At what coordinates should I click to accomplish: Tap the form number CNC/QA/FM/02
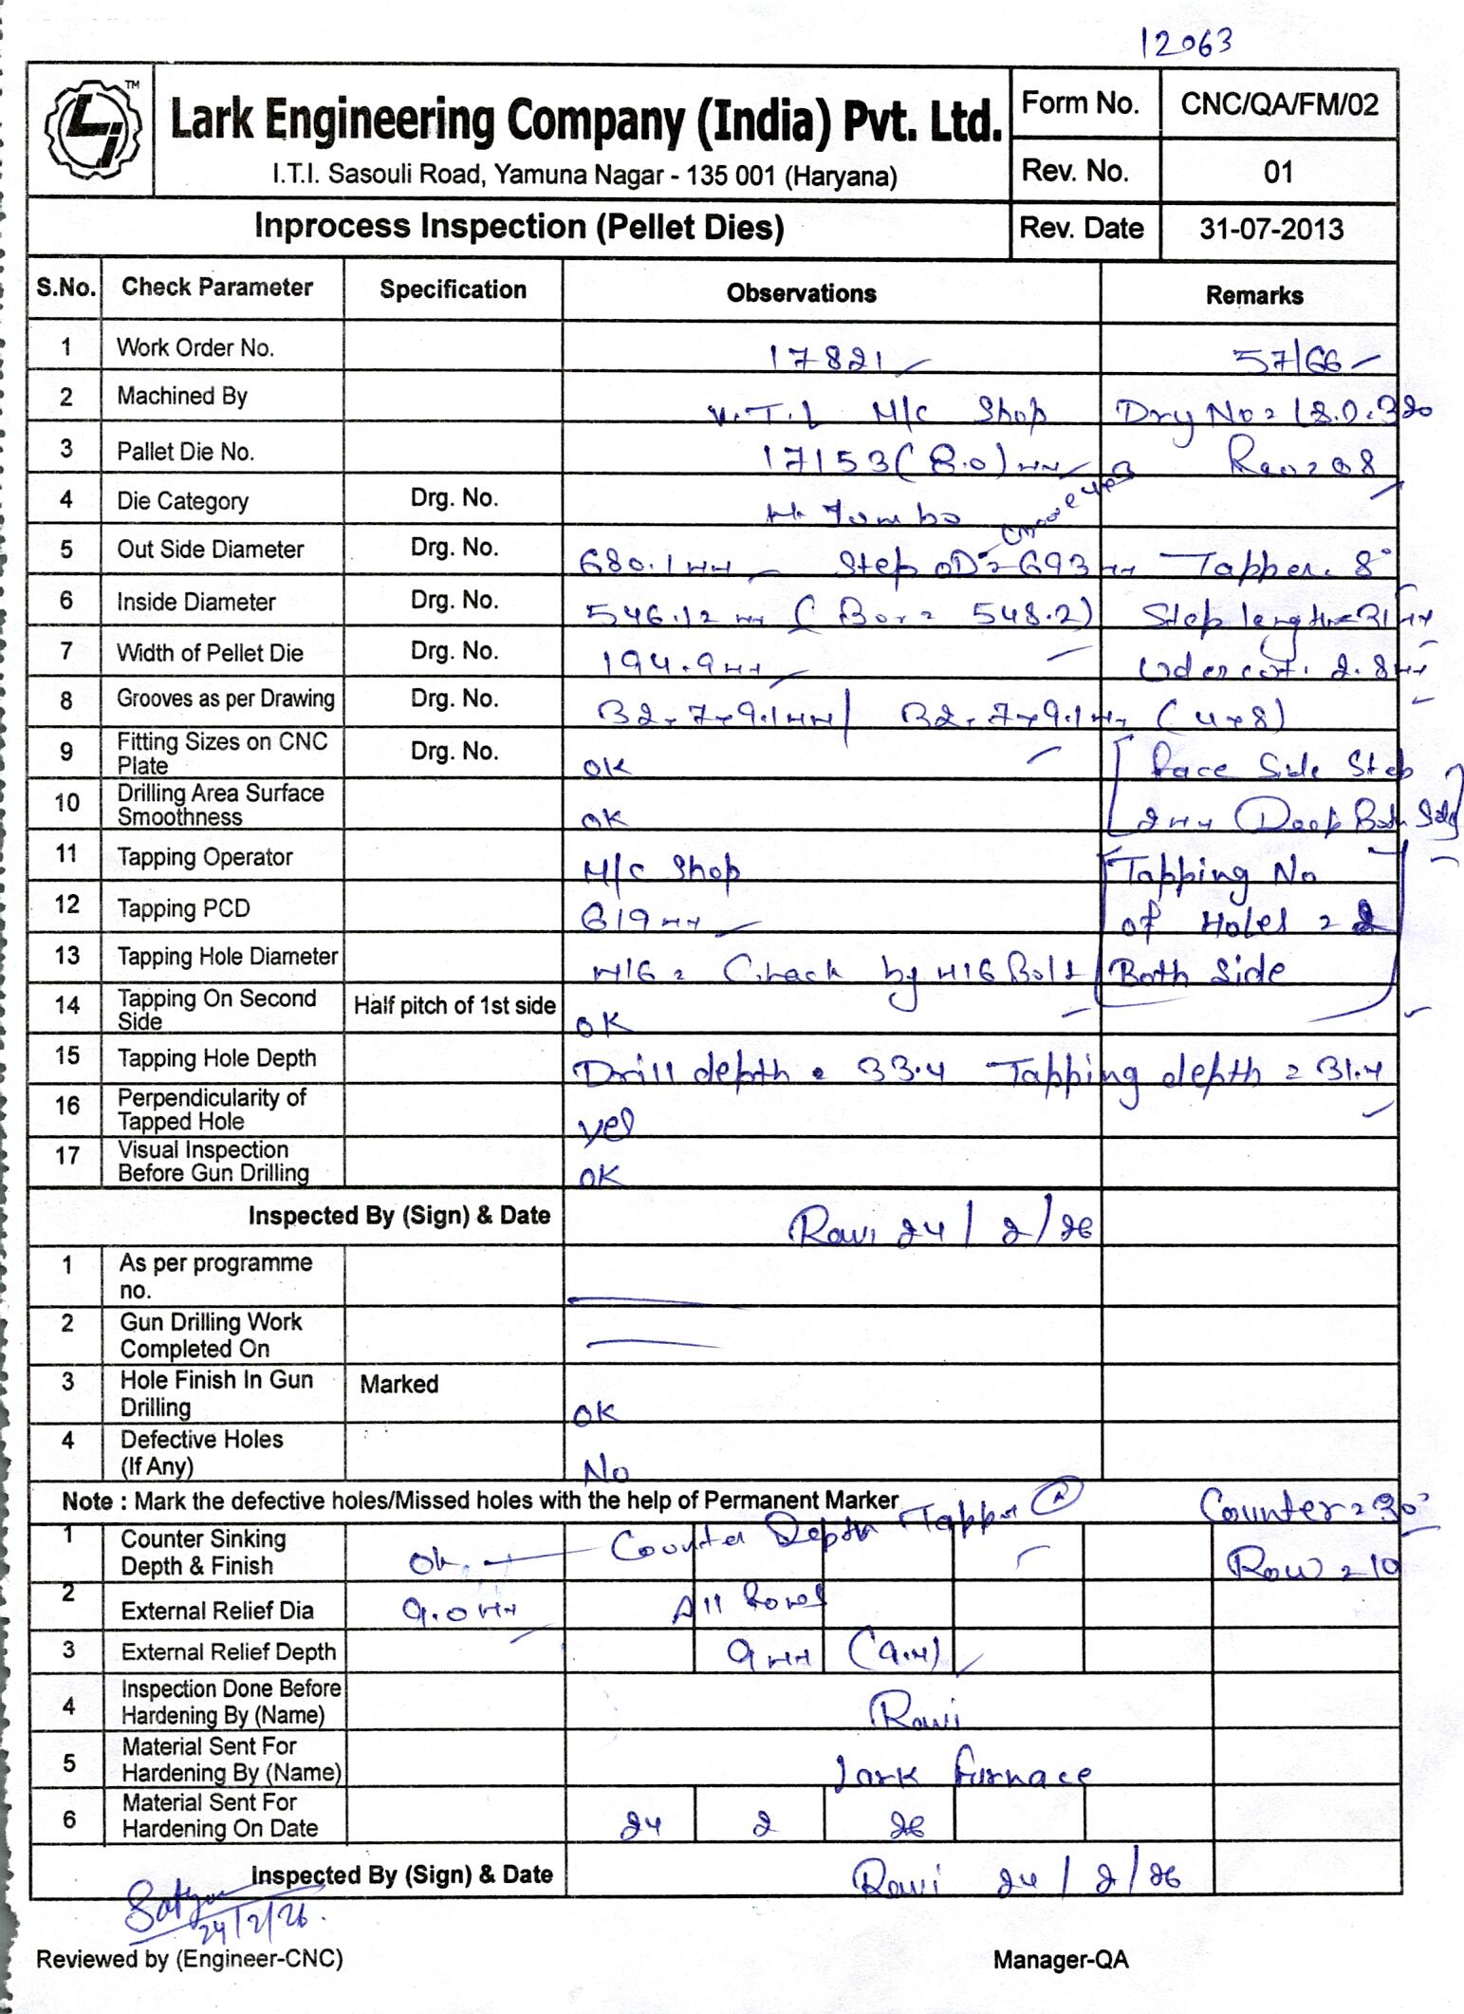pyautogui.click(x=1279, y=104)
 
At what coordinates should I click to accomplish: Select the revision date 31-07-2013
pyautogui.click(x=1271, y=230)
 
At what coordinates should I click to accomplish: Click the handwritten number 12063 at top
pyautogui.click(x=1187, y=43)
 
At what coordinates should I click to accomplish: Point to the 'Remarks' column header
pyautogui.click(x=1253, y=295)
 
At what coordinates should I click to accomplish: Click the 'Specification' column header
pyautogui.click(x=453, y=290)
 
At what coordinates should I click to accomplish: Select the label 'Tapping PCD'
pyautogui.click(x=183, y=908)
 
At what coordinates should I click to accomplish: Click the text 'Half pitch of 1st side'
pyautogui.click(x=454, y=1006)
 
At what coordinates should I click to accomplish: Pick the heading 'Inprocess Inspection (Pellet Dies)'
pyautogui.click(x=519, y=227)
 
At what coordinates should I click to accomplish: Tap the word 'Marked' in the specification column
pyautogui.click(x=398, y=1384)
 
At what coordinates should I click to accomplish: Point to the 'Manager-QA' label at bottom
pyautogui.click(x=1061, y=1959)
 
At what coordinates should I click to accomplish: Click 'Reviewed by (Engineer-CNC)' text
pyautogui.click(x=190, y=1958)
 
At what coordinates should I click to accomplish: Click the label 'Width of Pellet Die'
pyautogui.click(x=210, y=653)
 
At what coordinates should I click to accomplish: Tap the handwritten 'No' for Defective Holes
pyautogui.click(x=605, y=1472)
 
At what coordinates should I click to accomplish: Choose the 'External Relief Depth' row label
pyautogui.click(x=228, y=1651)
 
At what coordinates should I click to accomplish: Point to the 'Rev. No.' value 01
pyautogui.click(x=1278, y=172)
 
